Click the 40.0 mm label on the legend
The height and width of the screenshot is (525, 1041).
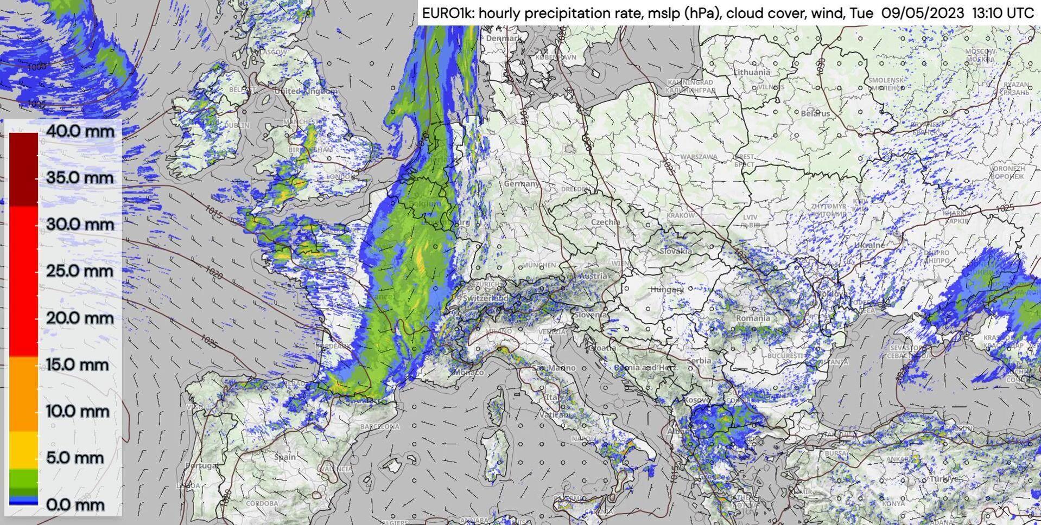coord(80,131)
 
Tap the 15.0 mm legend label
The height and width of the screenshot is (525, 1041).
coord(77,364)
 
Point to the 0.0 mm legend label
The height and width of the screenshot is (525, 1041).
coord(75,505)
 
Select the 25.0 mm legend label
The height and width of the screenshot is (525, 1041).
coord(80,271)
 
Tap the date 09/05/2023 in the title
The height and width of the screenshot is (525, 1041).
coord(922,13)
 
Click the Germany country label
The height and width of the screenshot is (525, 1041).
coord(522,184)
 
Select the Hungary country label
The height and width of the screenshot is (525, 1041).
coord(667,290)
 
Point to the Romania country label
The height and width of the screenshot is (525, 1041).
coord(753,318)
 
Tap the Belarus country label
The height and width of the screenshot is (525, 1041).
coord(815,113)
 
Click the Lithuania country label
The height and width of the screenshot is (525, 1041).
coord(752,72)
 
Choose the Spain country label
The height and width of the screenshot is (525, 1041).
coord(285,457)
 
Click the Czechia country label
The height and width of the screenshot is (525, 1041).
coord(605,222)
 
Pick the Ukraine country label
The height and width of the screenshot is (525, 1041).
coord(869,245)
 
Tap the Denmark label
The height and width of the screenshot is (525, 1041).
coord(503,39)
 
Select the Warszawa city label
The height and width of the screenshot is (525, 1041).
coord(699,157)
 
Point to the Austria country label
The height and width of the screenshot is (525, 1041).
coord(593,276)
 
